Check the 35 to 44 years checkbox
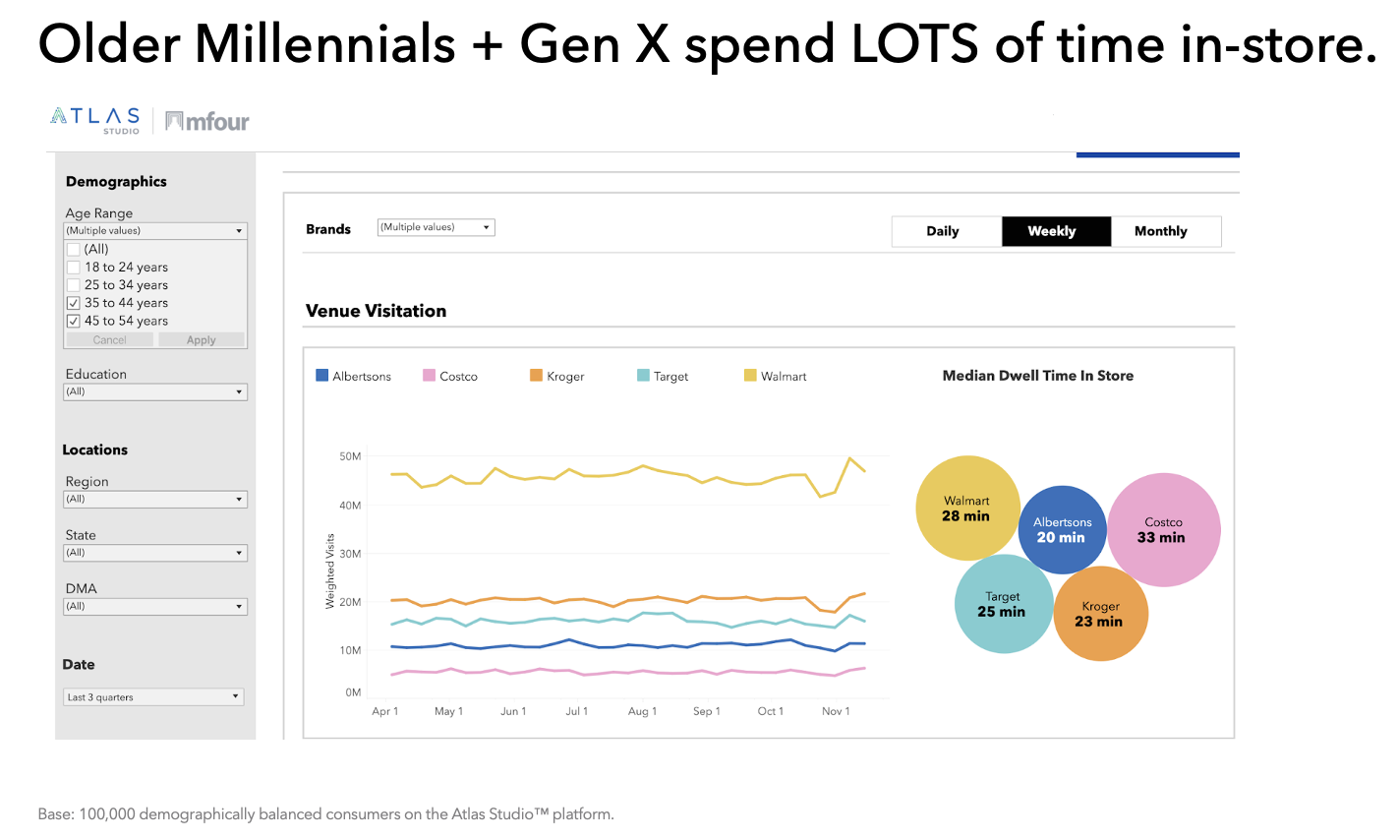click(74, 303)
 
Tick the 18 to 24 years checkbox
click(74, 268)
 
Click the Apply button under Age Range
click(202, 340)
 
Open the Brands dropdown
click(436, 227)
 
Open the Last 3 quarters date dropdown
click(153, 697)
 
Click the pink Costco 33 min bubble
click(1164, 530)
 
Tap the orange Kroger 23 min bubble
click(1100, 614)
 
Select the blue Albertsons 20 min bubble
click(1062, 530)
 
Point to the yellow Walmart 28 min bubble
click(966, 508)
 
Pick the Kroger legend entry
click(557, 377)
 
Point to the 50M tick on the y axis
click(350, 456)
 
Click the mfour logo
click(207, 121)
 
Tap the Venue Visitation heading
click(376, 311)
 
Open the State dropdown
click(155, 553)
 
